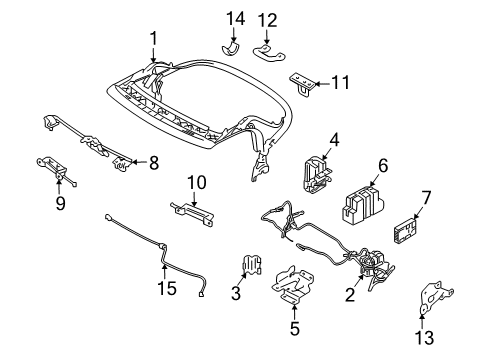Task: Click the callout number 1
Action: click(x=153, y=38)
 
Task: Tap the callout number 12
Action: click(x=266, y=20)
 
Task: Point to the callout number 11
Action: click(x=341, y=83)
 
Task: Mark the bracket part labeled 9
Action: click(x=57, y=169)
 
